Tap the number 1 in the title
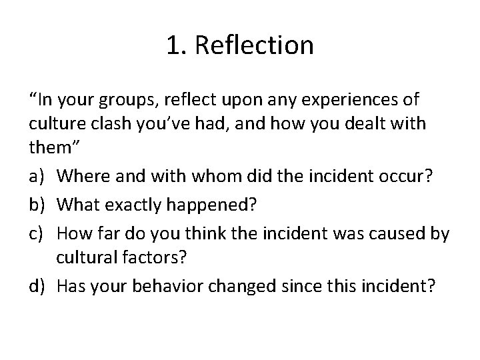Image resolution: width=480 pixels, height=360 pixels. tap(172, 45)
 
